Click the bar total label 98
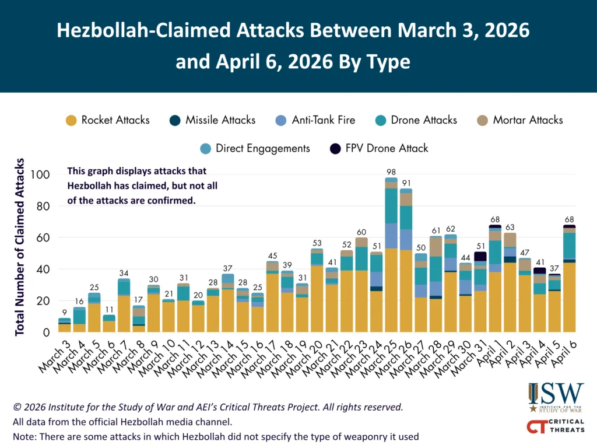point(391,171)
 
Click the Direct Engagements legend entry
point(255,148)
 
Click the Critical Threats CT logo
point(554,426)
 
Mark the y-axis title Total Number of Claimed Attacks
point(20,246)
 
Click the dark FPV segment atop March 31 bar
point(480,256)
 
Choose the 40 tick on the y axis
point(44,269)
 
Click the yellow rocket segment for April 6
point(570,297)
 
